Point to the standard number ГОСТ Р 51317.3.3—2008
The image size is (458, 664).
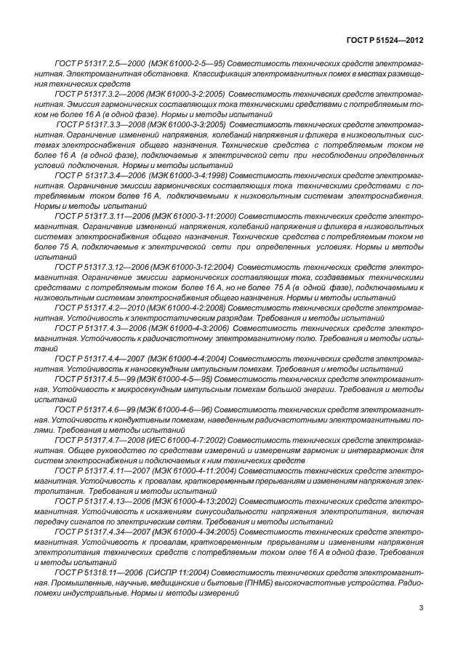click(x=100, y=125)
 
